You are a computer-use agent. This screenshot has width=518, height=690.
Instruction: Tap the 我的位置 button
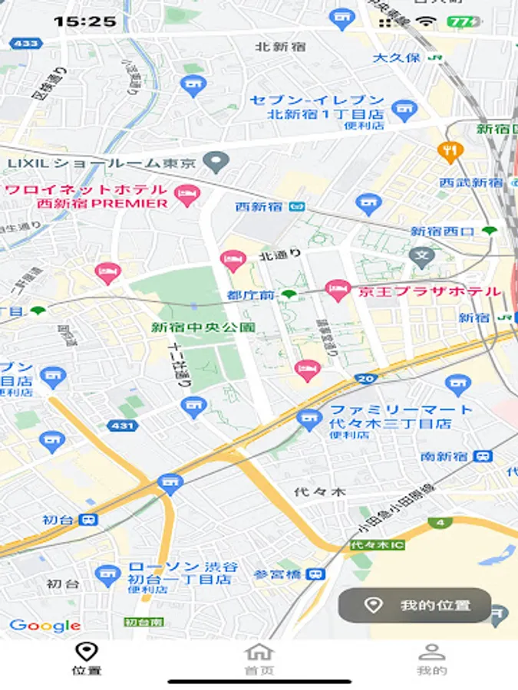[415, 606]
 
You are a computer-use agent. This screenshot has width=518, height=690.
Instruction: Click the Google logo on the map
[45, 626]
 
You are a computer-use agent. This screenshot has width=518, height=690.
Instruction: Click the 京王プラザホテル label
[427, 291]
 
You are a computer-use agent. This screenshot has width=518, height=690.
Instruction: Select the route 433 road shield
[26, 44]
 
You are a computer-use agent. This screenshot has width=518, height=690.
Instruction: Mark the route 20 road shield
[366, 379]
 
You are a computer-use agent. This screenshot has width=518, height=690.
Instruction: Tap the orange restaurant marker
[448, 150]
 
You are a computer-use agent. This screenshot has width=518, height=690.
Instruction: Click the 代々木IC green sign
[377, 545]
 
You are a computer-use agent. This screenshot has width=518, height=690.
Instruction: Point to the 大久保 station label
[396, 58]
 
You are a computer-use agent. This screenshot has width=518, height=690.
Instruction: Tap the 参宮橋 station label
[280, 574]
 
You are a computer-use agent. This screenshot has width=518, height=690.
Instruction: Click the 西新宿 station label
[259, 206]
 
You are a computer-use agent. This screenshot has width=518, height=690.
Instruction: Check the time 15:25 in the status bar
[84, 21]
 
